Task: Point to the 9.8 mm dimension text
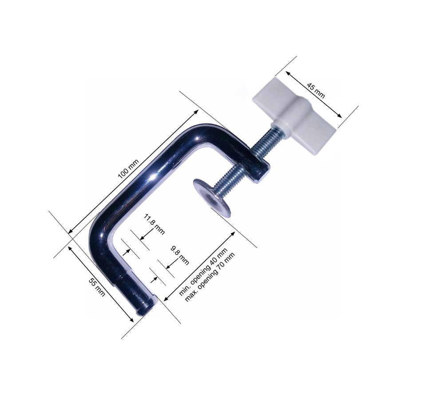180,255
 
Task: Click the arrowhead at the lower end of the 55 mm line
132,320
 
